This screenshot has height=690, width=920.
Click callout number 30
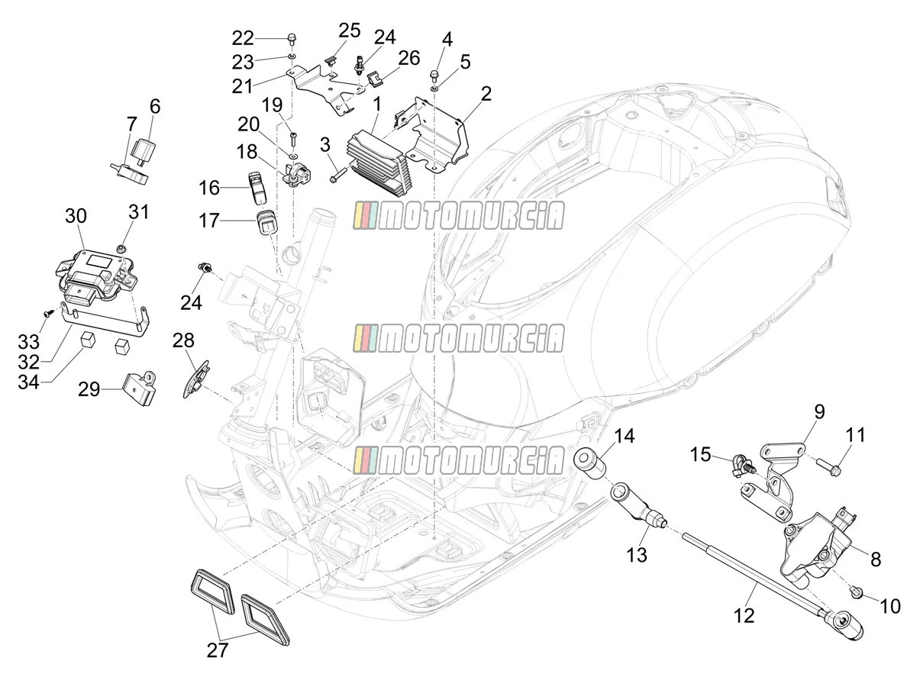pos(76,216)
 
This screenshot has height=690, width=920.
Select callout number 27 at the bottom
pos(217,650)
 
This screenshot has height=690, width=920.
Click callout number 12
pos(744,615)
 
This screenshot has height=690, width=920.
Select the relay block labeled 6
pos(143,150)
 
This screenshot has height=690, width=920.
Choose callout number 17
pos(208,221)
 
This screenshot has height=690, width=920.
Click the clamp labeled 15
pos(743,467)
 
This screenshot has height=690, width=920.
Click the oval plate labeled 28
pos(196,379)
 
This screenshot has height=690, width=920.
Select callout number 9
pos(818,412)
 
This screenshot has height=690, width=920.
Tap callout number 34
pos(28,382)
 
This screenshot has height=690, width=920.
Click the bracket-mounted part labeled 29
pos(138,388)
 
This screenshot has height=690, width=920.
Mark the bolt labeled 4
pos(434,76)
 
